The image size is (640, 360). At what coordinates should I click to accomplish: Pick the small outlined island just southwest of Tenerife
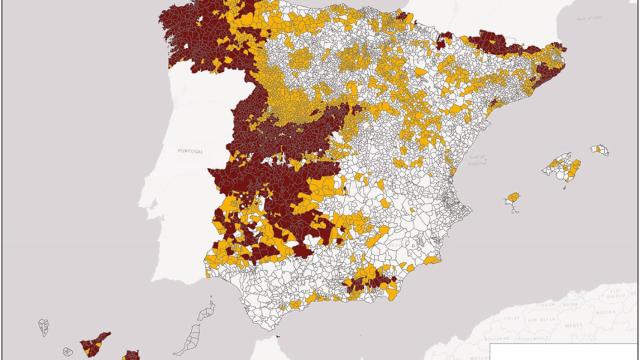pyautogui.click(x=67, y=350)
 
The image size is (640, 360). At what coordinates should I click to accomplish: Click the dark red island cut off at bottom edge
pyautogui.click(x=130, y=354)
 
